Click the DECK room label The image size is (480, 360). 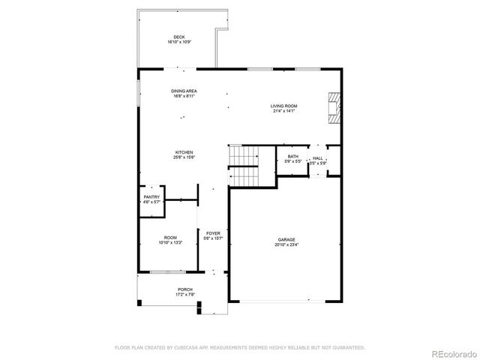point(178,37)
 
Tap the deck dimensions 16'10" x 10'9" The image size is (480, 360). point(178,42)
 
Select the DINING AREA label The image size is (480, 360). point(184,91)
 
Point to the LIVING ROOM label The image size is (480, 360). point(284,106)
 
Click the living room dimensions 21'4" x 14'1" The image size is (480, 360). point(284,111)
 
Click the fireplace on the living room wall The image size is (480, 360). point(334,106)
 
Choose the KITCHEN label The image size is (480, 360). point(184,151)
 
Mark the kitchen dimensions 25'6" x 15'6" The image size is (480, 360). point(184,157)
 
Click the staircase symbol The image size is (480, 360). point(243,165)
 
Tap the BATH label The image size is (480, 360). point(292,156)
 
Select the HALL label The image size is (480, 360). point(317,158)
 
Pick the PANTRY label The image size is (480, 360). point(151,196)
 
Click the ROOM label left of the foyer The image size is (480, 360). point(170,238)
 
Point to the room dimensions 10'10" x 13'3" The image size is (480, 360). point(170,243)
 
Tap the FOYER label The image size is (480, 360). point(213,233)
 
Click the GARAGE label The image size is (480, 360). point(285,239)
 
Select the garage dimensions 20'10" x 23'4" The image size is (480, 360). point(285,244)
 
